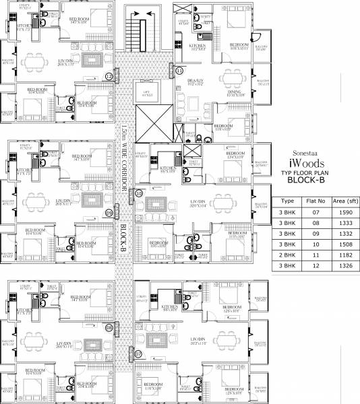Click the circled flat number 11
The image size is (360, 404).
tap(179, 70)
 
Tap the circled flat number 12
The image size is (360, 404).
tap(109, 77)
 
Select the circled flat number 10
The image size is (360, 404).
tap(139, 193)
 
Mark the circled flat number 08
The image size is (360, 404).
tap(109, 328)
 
